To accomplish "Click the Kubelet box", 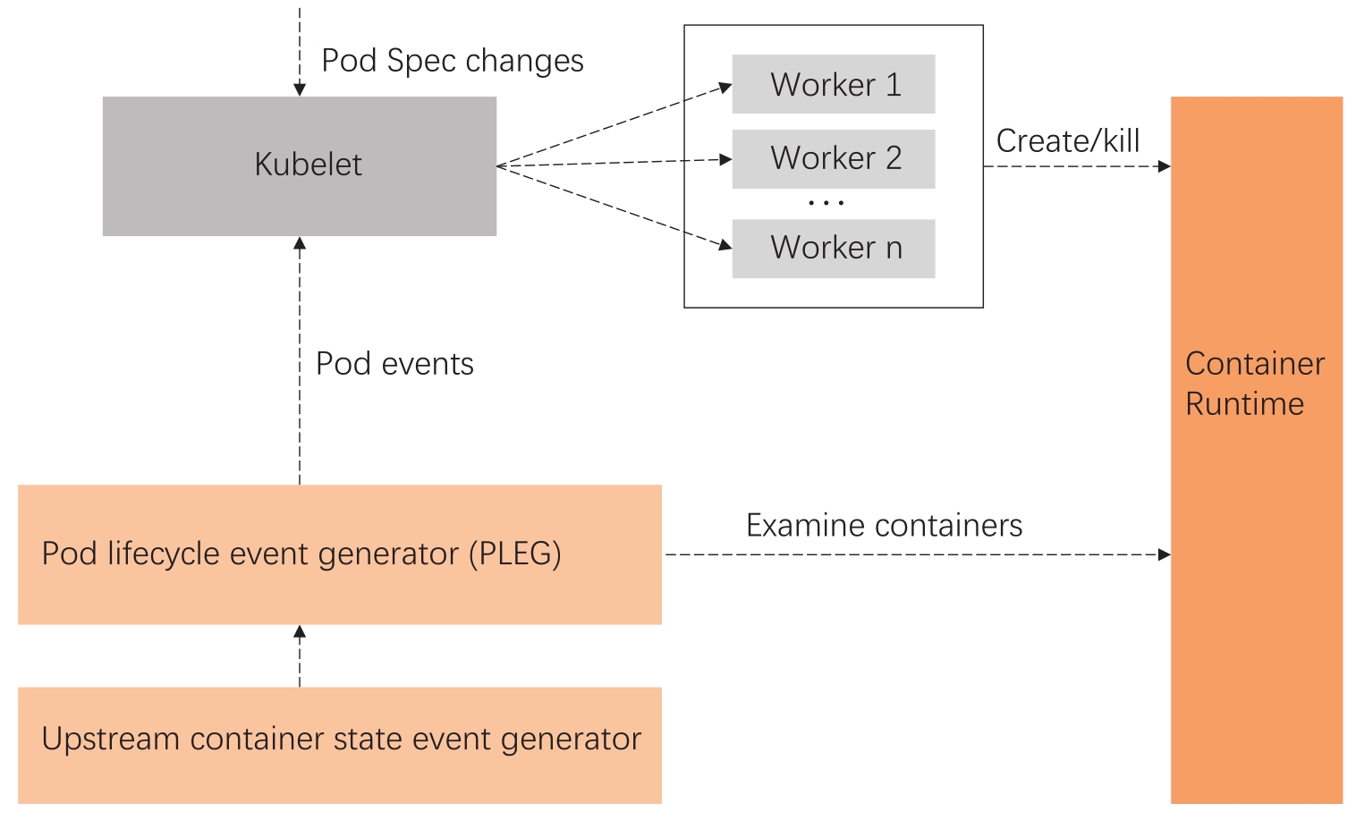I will coord(300,166).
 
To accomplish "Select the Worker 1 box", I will coord(834,85).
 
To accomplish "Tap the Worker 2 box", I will coord(834,159).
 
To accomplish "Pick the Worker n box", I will coord(834,249).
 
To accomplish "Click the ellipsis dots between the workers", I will coord(826,204).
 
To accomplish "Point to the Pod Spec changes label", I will coord(453,61).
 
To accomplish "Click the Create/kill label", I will coord(1068,141).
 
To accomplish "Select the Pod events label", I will coord(394,364).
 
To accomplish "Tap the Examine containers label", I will coord(884,526).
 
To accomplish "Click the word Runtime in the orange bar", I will coord(1244,404).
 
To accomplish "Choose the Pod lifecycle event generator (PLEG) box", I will coord(340,554).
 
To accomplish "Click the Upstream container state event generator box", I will coord(340,745).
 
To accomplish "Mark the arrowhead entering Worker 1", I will coord(726,88).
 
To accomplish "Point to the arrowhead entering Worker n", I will coord(726,245).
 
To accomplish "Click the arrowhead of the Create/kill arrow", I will coord(1165,166).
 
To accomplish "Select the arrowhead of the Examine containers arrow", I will coord(1165,554).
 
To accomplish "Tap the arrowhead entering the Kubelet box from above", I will coord(300,90).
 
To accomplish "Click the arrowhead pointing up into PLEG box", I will coord(300,631).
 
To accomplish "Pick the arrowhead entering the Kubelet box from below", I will coord(300,243).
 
